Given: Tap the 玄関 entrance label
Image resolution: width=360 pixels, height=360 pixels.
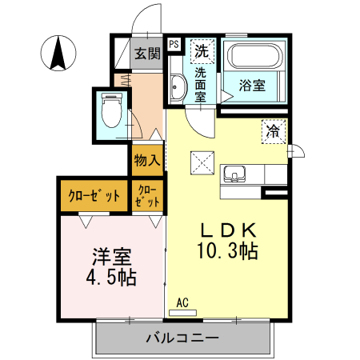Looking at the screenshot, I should (x=146, y=54).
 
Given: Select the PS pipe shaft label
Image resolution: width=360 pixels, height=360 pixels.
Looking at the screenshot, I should (x=174, y=45).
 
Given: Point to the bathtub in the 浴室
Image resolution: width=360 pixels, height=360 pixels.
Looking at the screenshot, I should (x=254, y=58).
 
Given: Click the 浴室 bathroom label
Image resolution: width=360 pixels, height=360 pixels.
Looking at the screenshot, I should (x=254, y=86).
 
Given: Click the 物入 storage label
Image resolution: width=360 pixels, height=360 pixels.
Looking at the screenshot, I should (x=147, y=160).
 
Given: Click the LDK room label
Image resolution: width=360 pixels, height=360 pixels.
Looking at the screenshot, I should (x=226, y=227).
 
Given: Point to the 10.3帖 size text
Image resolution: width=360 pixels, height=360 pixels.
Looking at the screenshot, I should (x=226, y=251).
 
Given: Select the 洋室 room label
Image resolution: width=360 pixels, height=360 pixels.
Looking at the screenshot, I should (x=111, y=257).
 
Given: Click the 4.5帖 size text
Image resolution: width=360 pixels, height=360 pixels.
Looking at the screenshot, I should (x=111, y=278).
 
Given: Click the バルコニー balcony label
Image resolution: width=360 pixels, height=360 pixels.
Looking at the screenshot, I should (x=182, y=338).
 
